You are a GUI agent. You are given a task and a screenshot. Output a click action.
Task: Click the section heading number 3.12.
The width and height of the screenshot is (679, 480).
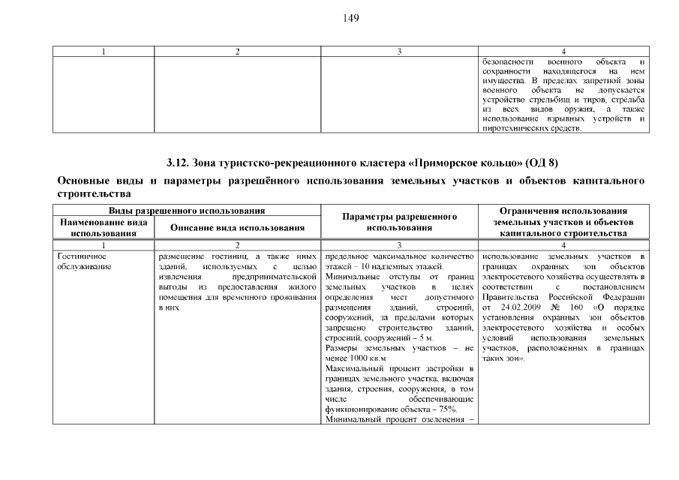pyautogui.click(x=178, y=163)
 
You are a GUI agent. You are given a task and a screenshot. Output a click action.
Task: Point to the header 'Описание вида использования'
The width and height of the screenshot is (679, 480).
pyautogui.click(x=237, y=227)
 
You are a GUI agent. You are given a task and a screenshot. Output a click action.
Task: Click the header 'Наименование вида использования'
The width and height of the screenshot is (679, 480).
pyautogui.click(x=103, y=227)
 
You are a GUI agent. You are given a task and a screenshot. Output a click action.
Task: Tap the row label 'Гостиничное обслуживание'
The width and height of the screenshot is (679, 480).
pyautogui.click(x=85, y=262)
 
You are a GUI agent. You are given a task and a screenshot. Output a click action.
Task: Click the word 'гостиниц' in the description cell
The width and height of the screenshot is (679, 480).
pyautogui.click(x=228, y=256)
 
